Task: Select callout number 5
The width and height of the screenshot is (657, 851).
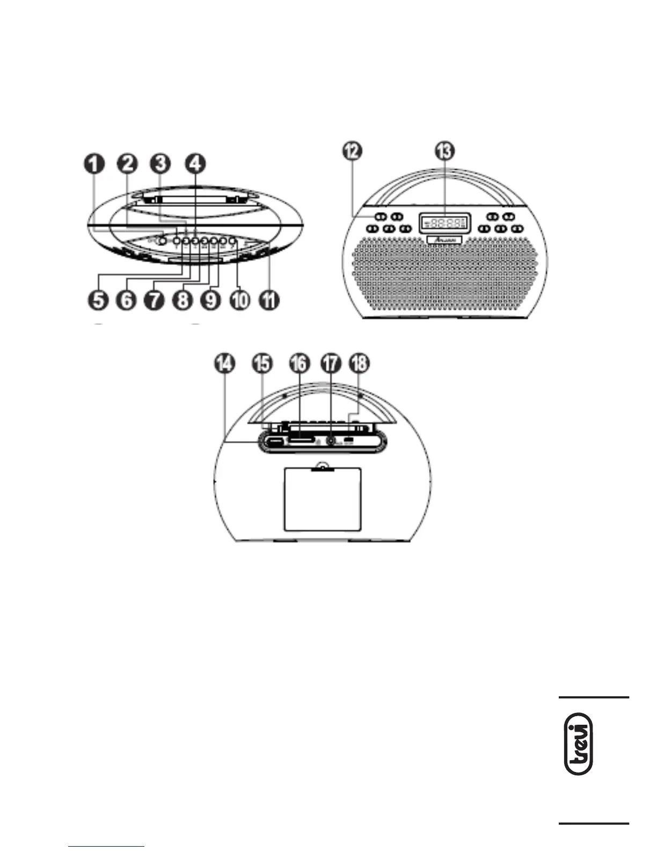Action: (x=97, y=300)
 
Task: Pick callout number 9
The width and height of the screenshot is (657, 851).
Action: (x=211, y=300)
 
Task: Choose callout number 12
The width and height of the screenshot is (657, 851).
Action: (x=353, y=151)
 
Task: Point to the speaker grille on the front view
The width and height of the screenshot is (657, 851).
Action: (x=444, y=279)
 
